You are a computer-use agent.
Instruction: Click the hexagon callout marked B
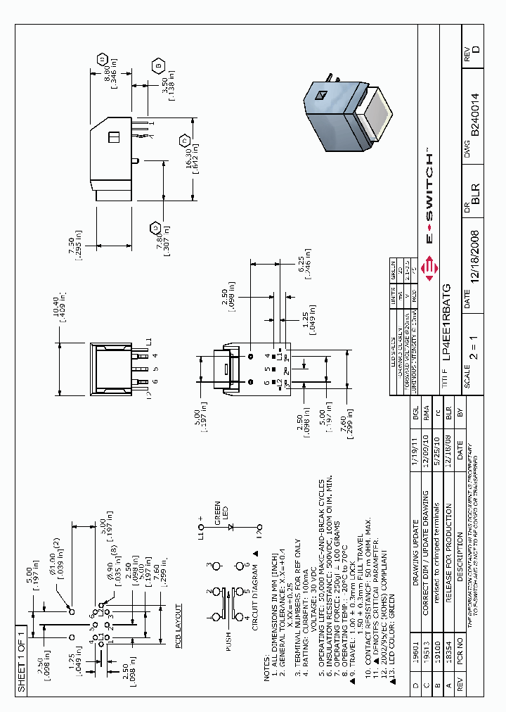[x=159, y=67]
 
